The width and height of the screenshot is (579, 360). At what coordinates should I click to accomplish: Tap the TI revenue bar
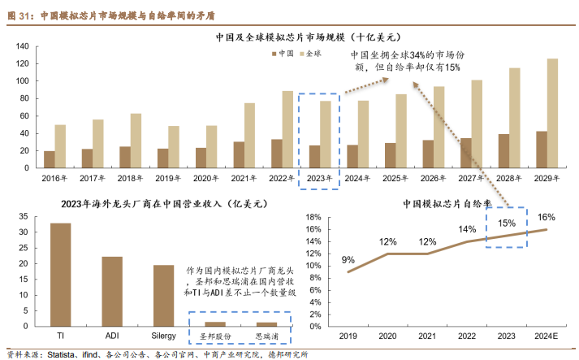point(60,275)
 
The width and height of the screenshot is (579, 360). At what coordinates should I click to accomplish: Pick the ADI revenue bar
point(112,292)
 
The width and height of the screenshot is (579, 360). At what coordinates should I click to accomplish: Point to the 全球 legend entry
point(311,53)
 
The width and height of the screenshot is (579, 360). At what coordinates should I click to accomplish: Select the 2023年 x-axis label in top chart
point(319,177)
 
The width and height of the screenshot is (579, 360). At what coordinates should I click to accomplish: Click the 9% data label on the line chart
point(348,260)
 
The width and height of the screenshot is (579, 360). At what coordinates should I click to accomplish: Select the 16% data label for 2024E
point(546,217)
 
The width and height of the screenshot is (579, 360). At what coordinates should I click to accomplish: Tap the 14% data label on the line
point(466,229)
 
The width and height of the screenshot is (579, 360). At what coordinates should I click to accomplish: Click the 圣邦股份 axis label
point(215,336)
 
